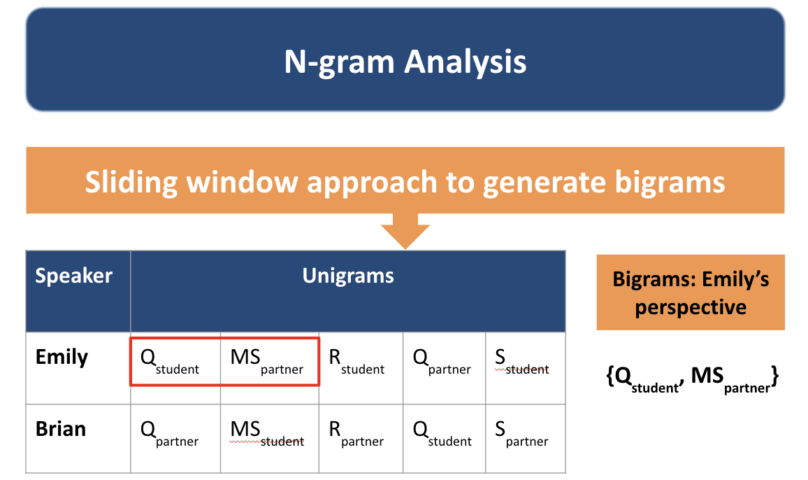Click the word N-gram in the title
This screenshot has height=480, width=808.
tap(339, 62)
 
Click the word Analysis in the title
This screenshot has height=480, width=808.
tap(466, 62)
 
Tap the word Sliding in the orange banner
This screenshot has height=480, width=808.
tap(131, 183)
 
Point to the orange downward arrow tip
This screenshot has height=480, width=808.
tap(405, 249)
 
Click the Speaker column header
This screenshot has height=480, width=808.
tap(73, 276)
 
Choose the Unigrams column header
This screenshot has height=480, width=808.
tap(348, 276)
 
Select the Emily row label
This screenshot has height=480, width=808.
tap(62, 357)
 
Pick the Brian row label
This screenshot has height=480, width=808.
tap(61, 429)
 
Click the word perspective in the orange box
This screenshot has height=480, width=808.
tap(691, 308)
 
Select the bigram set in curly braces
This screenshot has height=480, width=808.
tap(692, 379)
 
